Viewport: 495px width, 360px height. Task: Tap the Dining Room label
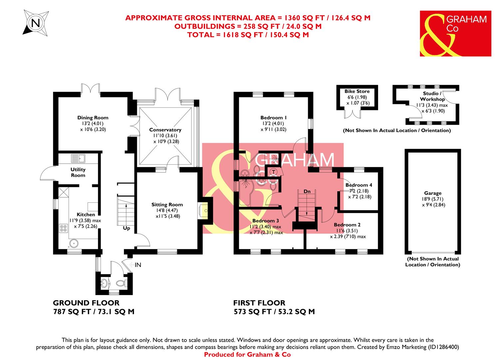(x=93, y=118)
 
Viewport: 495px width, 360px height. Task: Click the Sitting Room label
(x=167, y=205)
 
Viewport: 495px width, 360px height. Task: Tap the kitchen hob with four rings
(x=63, y=228)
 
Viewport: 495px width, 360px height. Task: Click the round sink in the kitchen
(x=74, y=243)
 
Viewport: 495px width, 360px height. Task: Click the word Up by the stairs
(x=127, y=229)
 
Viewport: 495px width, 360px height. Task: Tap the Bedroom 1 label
(x=273, y=118)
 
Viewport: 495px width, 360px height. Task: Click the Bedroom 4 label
(x=359, y=185)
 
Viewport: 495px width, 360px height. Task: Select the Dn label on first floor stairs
(x=307, y=191)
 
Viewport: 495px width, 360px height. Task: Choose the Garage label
(x=433, y=193)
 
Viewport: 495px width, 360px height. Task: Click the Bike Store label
(x=357, y=91)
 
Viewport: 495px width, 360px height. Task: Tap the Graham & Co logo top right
(x=455, y=33)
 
